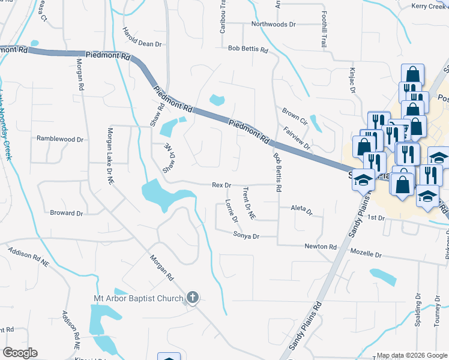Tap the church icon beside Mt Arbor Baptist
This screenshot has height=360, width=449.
click(x=192, y=298)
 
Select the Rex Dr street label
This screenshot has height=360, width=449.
click(x=221, y=185)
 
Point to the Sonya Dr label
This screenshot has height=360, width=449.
click(x=246, y=236)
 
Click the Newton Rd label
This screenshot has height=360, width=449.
click(x=320, y=247)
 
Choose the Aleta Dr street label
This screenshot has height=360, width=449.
click(x=301, y=210)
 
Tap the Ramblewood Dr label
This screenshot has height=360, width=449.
click(x=60, y=139)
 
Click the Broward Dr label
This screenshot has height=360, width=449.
click(x=67, y=213)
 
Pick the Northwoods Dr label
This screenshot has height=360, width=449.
click(x=274, y=25)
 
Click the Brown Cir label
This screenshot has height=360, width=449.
click(x=294, y=115)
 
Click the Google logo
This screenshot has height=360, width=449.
click(x=19, y=353)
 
